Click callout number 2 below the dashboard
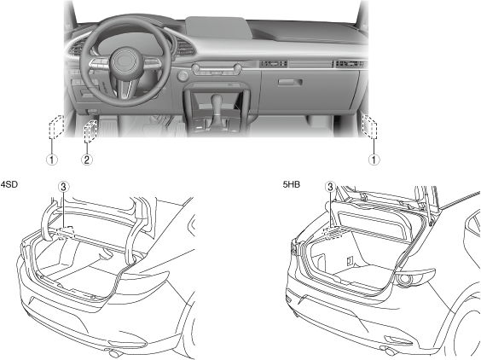point(86,160)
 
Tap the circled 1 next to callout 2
point(51,160)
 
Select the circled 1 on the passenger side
point(374,160)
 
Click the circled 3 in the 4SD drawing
point(63,187)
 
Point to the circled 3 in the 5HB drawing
point(330,187)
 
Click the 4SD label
point(9,184)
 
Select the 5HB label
point(292,184)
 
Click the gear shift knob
point(217,102)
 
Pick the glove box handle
point(290,82)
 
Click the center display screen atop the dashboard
point(217,27)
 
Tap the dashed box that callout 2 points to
point(90,131)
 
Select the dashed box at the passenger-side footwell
point(369,126)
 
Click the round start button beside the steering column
point(183,76)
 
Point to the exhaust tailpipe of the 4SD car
point(114,353)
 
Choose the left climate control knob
point(196,68)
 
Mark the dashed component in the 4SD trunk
point(65,233)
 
